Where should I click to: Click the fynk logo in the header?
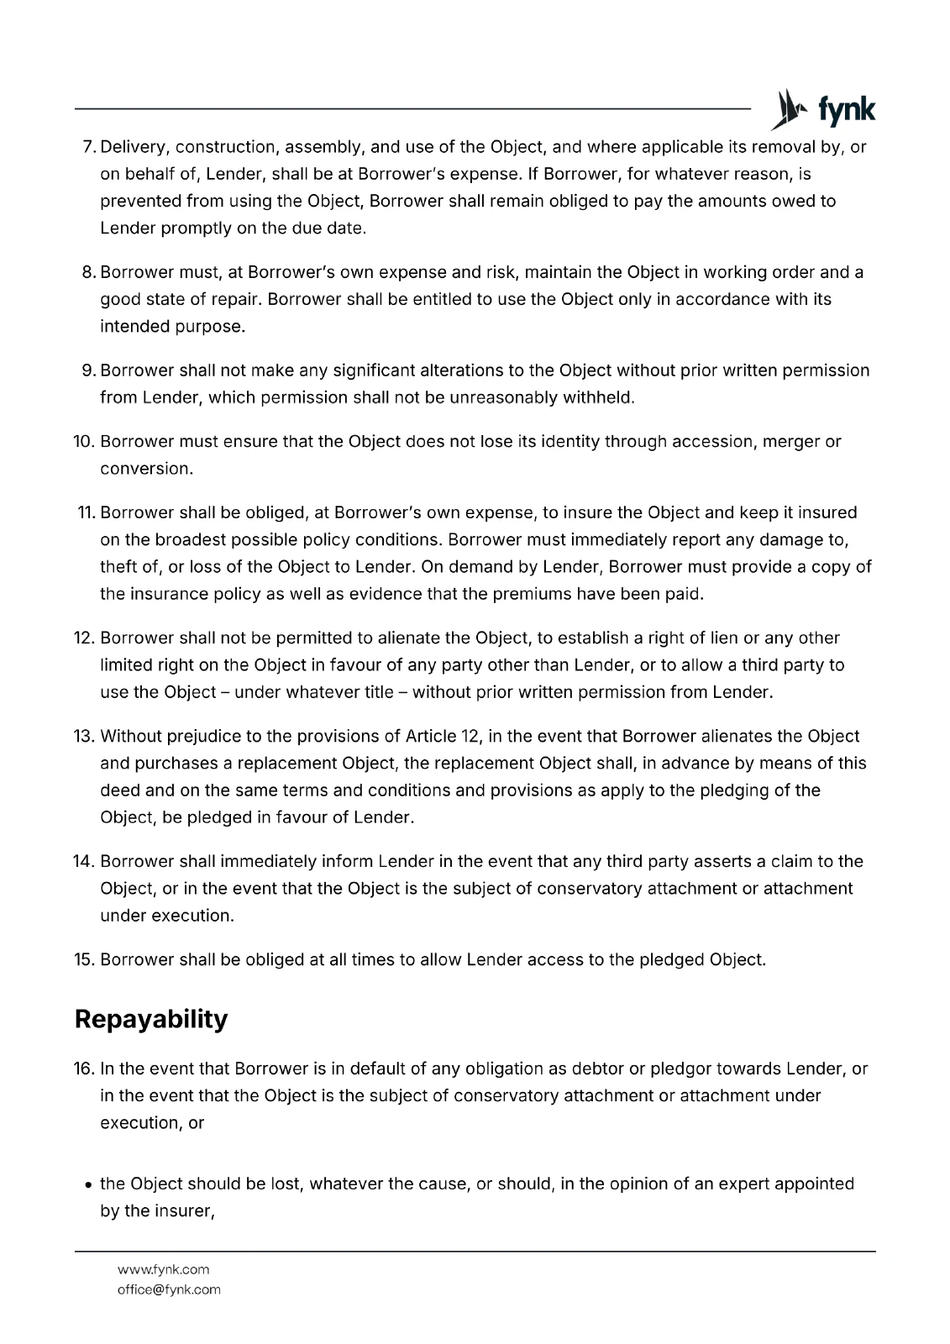click(x=823, y=110)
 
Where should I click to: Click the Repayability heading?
click(x=151, y=1019)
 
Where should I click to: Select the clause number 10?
click(x=84, y=442)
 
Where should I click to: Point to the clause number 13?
click(x=84, y=737)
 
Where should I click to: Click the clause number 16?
click(x=84, y=1069)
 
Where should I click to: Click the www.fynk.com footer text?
click(x=164, y=1269)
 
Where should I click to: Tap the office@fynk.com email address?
click(x=169, y=1289)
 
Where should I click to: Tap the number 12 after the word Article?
click(x=470, y=737)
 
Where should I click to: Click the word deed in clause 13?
click(x=118, y=790)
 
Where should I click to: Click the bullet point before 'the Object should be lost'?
click(x=88, y=1185)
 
